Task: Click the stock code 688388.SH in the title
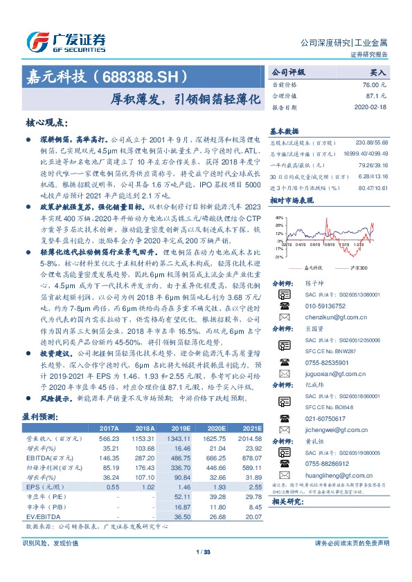[x=146, y=76]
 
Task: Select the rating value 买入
[x=378, y=72]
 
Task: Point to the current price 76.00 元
[x=373, y=83]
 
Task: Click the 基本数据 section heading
[x=284, y=130]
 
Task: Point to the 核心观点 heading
[x=46, y=122]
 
